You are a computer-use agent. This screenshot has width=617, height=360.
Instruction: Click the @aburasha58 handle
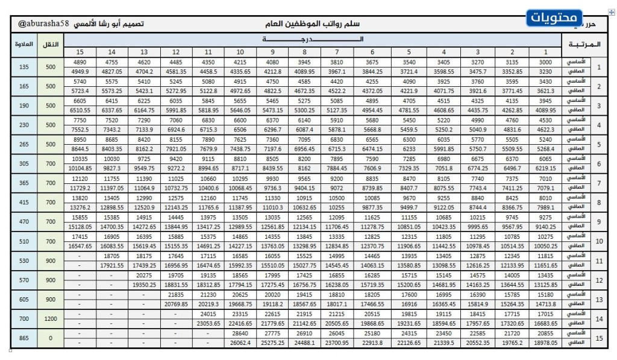click(44, 25)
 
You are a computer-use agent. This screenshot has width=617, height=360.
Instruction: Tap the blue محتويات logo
click(554, 18)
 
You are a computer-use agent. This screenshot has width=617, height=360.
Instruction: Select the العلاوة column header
click(23, 45)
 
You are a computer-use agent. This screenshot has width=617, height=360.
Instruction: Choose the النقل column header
click(51, 45)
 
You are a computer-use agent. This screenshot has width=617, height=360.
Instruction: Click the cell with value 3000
click(546, 62)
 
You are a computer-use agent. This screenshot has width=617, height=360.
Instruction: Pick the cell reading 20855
click(546, 333)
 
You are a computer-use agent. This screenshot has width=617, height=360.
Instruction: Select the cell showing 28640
click(240, 333)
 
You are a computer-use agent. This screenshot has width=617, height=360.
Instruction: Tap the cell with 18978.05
click(546, 343)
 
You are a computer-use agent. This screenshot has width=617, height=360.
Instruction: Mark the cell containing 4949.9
click(80, 72)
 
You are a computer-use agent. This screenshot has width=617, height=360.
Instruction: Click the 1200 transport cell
click(51, 319)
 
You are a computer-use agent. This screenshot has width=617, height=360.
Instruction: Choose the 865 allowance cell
click(23, 338)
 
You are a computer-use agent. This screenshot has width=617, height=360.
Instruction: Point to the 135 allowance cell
click(23, 67)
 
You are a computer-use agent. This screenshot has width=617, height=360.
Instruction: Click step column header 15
click(80, 52)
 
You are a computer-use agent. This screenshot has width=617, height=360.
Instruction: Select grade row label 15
click(599, 338)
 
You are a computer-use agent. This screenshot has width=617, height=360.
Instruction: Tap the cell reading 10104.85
click(80, 168)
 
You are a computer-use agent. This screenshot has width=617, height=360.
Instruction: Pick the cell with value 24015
click(208, 314)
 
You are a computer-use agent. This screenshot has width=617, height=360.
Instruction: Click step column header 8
click(305, 52)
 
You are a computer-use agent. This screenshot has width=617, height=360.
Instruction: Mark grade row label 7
click(599, 183)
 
